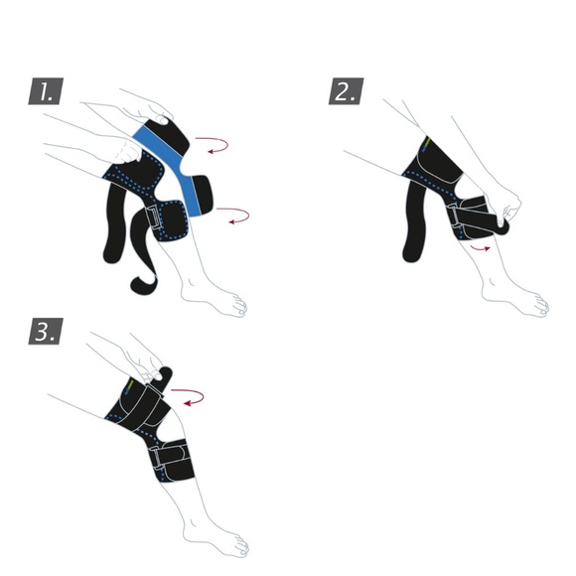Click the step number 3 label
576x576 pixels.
pos(47,331)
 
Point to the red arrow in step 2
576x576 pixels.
pos(482,245)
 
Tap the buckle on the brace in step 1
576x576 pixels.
pos(155,219)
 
